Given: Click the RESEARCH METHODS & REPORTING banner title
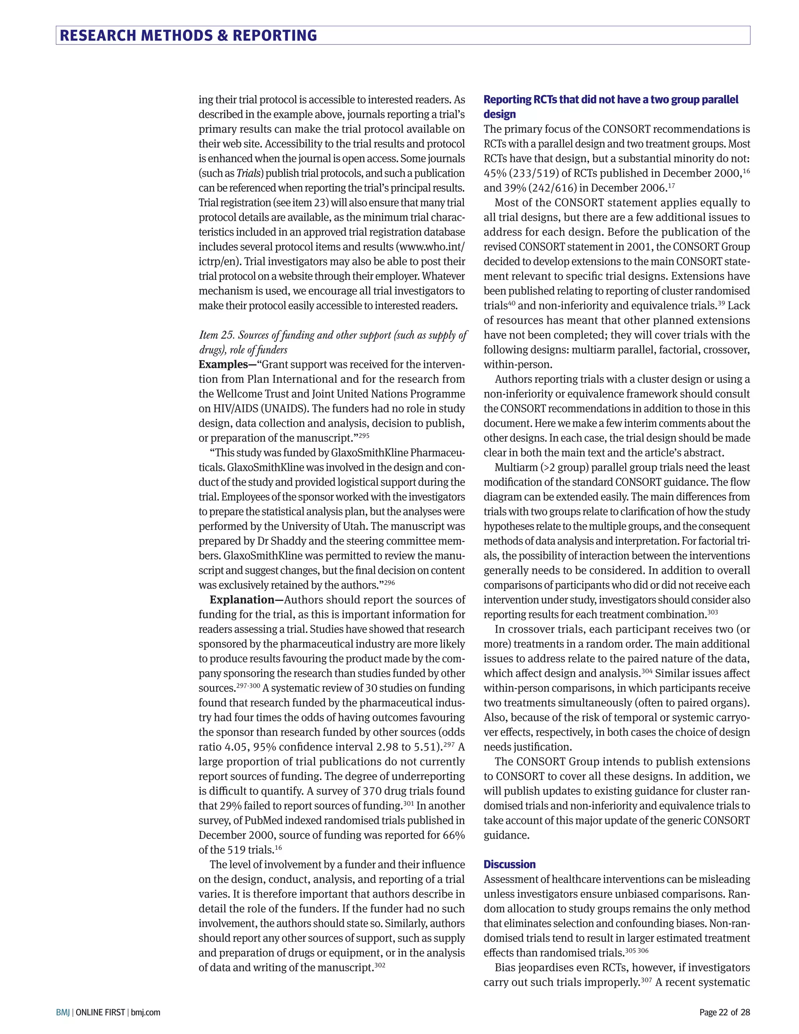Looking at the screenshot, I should coord(188,36).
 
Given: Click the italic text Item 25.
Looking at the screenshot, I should coord(216,335).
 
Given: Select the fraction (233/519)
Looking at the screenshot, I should coord(539,173).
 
